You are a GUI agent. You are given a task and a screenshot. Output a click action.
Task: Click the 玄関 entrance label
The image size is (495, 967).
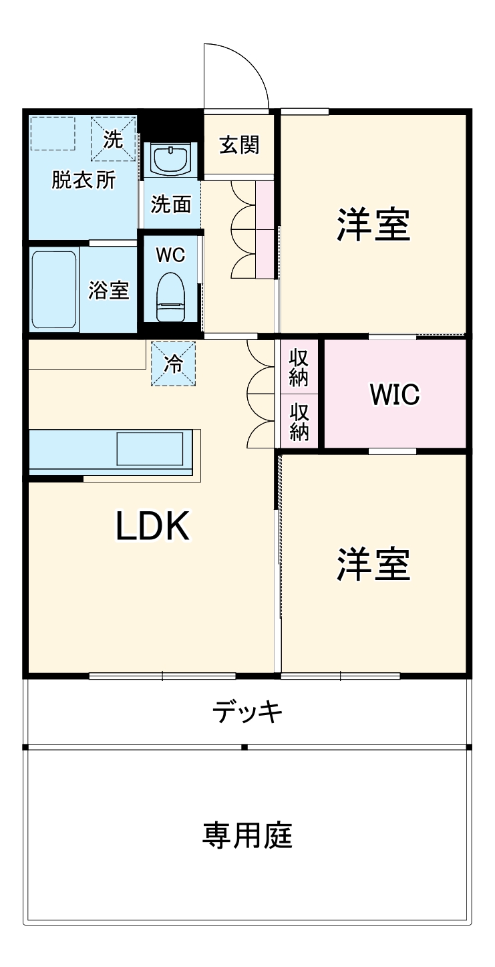coord(239,144)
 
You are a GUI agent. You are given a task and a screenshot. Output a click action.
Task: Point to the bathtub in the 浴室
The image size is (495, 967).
coord(53,289)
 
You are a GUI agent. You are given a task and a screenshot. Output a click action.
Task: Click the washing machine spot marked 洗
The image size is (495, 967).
coord(113,139)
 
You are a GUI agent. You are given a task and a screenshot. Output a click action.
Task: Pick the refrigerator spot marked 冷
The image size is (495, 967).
coord(174,364)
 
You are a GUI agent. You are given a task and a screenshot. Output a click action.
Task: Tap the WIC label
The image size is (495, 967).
coord(395,394)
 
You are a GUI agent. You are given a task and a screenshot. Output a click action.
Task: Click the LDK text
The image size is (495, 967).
coord(154,527)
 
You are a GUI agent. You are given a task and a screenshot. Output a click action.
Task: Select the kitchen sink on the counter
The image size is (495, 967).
coord(150,448)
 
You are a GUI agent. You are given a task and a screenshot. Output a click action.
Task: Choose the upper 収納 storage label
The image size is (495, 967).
coord(298,368)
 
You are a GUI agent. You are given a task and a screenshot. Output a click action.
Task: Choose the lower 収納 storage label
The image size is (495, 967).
coord(298,422)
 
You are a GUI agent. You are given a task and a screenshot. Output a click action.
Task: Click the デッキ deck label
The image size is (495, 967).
coord(247,712)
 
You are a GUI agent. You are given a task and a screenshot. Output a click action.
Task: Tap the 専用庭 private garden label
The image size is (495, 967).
coord(247,835)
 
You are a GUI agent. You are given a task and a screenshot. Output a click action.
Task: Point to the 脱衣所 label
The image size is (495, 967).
coord(84,180)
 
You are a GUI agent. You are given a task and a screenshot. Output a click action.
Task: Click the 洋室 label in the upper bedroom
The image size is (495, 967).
coord(373,225)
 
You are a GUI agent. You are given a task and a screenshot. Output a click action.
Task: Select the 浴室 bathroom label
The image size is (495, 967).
coord(109,290)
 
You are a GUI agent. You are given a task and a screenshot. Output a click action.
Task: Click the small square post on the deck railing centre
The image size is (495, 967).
coord(244,746)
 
